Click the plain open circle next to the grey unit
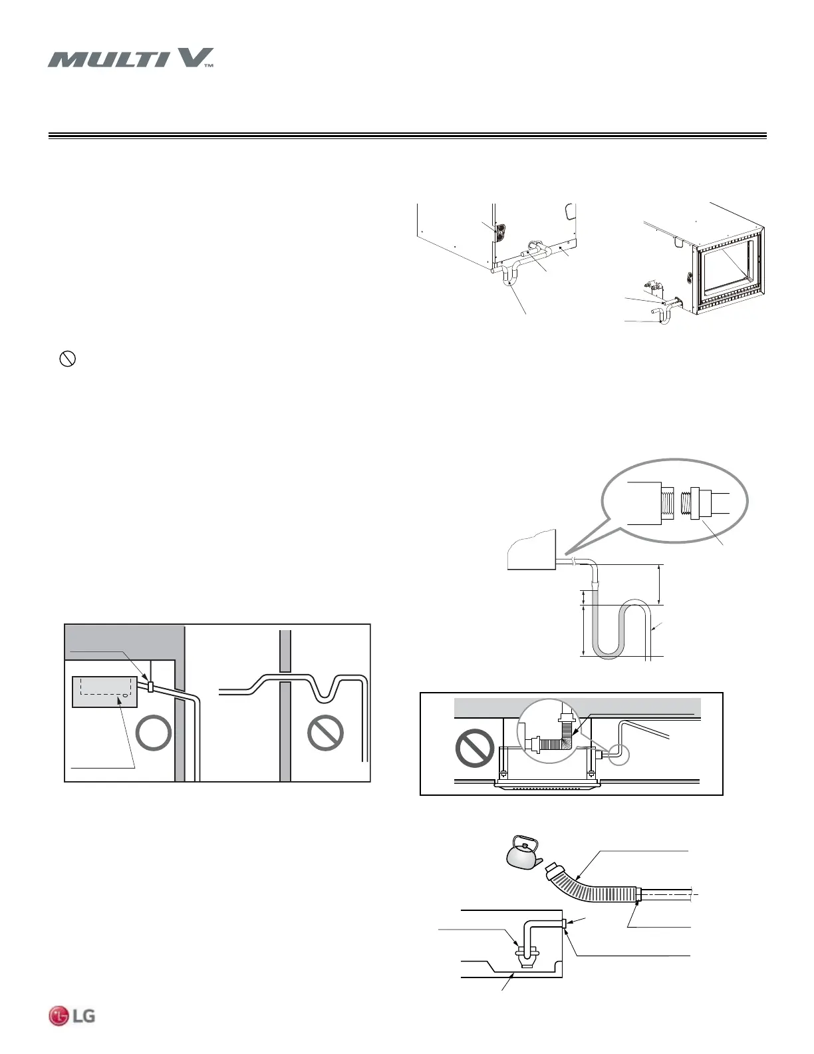click(x=154, y=735)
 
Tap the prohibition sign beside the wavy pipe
click(x=326, y=734)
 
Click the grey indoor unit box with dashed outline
click(x=104, y=692)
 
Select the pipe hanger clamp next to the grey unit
click(x=150, y=687)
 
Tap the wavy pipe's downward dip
click(x=323, y=692)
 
